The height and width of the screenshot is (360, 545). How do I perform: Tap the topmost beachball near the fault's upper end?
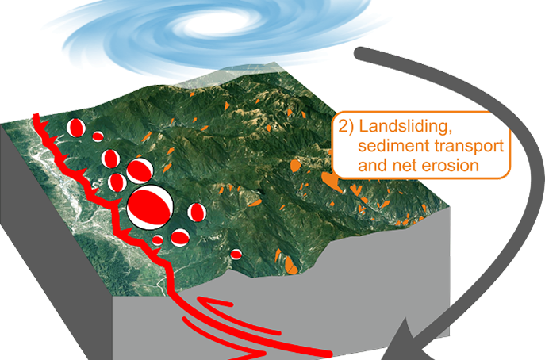pyautogui.click(x=75, y=128)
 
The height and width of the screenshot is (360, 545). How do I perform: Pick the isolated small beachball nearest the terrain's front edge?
pyautogui.click(x=236, y=254)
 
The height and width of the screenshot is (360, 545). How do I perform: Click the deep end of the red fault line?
pyautogui.click(x=325, y=351)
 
